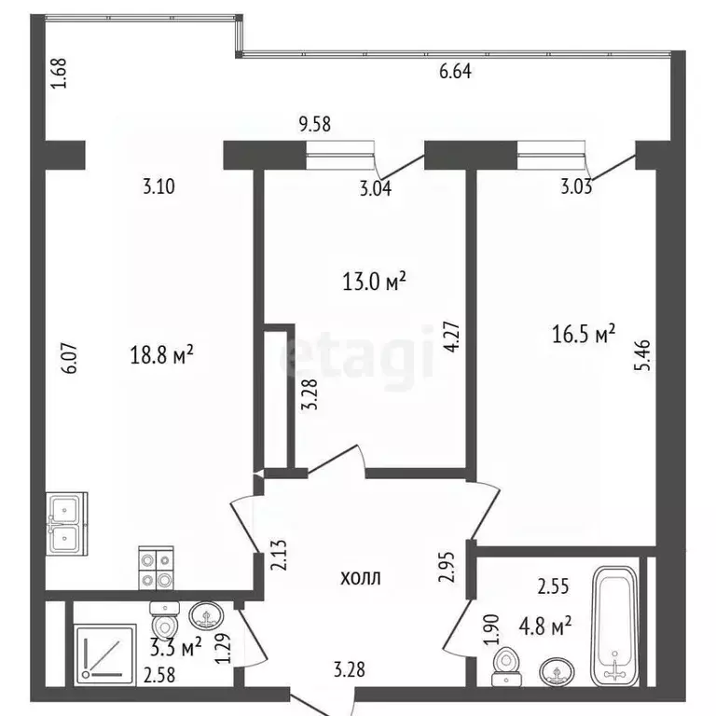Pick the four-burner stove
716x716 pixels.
[156, 568]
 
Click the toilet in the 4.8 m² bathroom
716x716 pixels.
[506, 664]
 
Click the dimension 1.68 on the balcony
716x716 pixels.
[58, 74]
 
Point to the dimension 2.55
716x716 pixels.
[555, 587]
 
